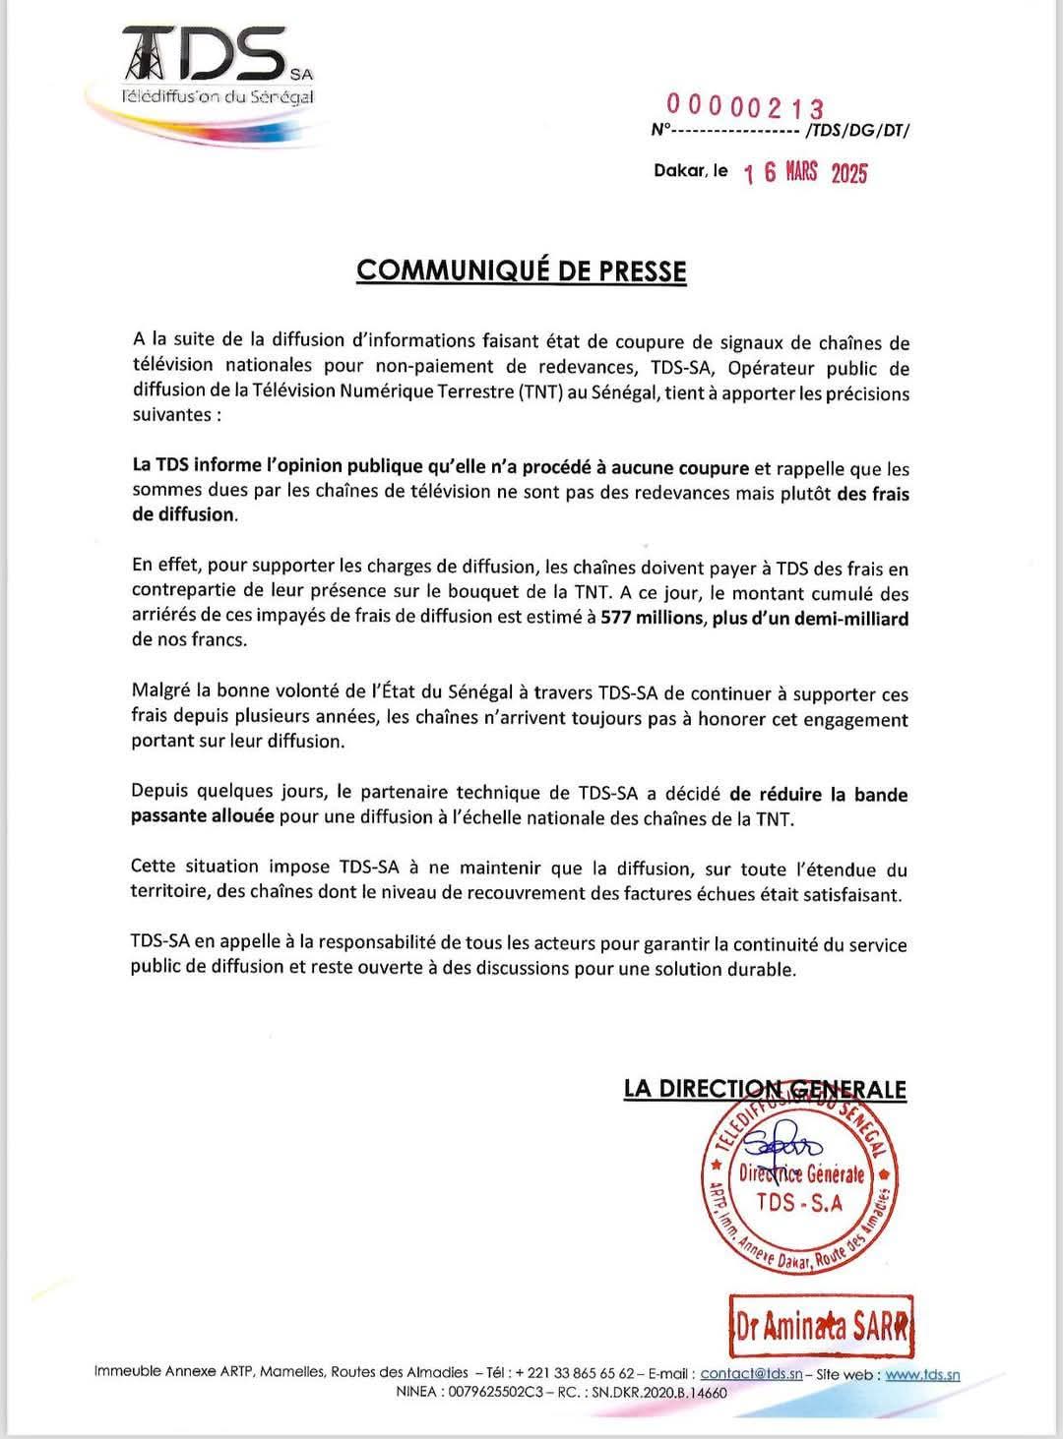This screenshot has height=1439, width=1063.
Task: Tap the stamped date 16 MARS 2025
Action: (806, 173)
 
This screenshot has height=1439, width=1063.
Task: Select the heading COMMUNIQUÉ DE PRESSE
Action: (521, 270)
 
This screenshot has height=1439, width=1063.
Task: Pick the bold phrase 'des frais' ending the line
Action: (872, 494)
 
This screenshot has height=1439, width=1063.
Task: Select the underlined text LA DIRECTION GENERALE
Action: (765, 1089)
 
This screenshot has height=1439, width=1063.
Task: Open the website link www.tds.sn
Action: (922, 1374)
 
